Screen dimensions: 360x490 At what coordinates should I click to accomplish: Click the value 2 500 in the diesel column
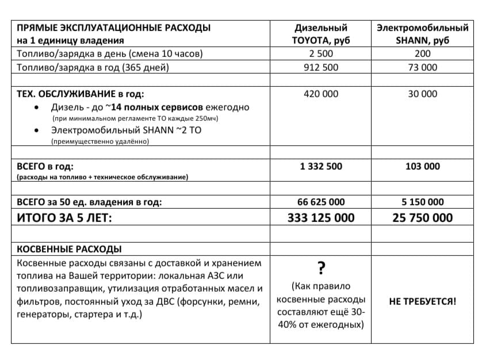[321, 54]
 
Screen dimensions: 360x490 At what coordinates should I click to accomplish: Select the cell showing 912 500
[321, 67]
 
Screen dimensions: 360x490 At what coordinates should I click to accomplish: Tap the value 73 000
[423, 67]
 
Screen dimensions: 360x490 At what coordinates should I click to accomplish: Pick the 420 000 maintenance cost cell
[321, 94]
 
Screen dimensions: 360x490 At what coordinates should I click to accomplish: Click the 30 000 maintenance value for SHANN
[423, 94]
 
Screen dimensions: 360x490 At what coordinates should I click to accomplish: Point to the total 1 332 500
[321, 166]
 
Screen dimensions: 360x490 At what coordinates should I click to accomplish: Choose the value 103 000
[423, 166]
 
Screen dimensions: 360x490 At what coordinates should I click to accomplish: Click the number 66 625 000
[321, 202]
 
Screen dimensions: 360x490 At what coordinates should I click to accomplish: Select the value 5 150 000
[423, 202]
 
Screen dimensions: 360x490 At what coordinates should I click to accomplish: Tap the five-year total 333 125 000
[321, 218]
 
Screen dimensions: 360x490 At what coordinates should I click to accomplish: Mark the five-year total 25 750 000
[423, 218]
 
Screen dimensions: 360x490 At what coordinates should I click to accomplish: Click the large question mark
[321, 267]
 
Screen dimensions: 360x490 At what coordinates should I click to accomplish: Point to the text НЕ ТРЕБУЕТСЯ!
[423, 300]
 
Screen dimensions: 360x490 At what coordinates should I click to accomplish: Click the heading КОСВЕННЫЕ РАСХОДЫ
[69, 249]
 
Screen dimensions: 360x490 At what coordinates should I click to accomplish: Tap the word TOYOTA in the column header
[314, 40]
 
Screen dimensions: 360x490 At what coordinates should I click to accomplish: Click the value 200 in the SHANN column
[423, 54]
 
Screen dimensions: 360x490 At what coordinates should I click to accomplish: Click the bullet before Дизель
[38, 108]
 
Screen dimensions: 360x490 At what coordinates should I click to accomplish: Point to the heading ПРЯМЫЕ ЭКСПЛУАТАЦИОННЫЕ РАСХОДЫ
[113, 28]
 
